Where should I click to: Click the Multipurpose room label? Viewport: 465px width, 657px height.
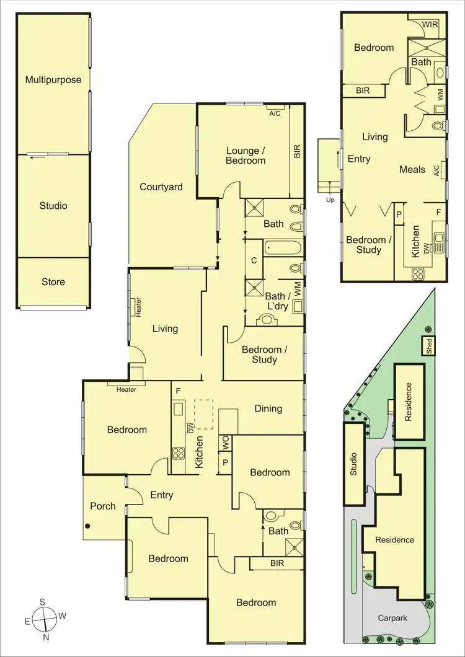53,80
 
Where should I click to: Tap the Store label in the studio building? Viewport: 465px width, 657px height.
53,282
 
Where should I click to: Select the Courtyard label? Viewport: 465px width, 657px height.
161,187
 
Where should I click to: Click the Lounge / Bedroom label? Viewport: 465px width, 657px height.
246,156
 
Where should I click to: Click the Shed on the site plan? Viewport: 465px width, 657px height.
429,346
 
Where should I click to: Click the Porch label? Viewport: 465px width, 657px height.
103,506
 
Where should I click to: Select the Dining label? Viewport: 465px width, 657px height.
268,408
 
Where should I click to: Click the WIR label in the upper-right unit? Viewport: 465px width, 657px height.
430,25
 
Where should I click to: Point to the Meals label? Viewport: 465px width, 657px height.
412,169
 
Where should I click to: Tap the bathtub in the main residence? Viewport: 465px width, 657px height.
283,249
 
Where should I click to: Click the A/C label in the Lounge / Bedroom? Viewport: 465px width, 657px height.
274,114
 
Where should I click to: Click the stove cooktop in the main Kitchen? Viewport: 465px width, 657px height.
179,452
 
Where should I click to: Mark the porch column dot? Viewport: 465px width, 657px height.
88,527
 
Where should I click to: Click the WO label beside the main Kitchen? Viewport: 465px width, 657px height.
225,443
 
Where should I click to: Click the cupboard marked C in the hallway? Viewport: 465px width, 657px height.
254,261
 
